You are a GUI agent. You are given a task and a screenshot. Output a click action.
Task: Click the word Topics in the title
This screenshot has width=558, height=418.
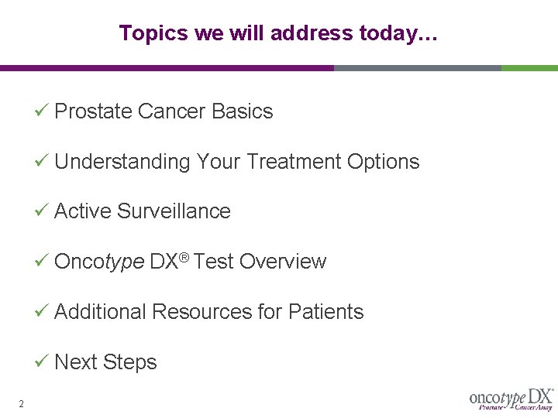click(x=143, y=33)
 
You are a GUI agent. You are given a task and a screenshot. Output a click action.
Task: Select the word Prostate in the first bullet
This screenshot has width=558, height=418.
click(x=93, y=111)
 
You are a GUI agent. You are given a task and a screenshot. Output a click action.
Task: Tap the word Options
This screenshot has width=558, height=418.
click(x=383, y=162)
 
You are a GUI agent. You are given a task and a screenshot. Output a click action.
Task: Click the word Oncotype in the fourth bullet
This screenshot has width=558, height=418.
click(x=99, y=262)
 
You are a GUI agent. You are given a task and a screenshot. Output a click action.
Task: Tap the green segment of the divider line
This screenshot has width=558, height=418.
click(x=529, y=68)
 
